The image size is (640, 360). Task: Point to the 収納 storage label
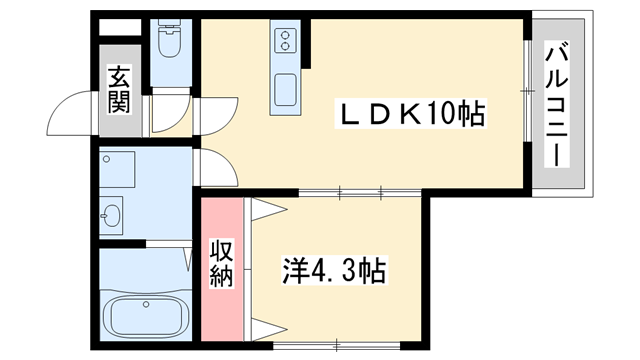222,263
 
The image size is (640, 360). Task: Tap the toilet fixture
170,43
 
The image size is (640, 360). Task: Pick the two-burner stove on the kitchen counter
286,41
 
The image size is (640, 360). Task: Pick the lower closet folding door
266,327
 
